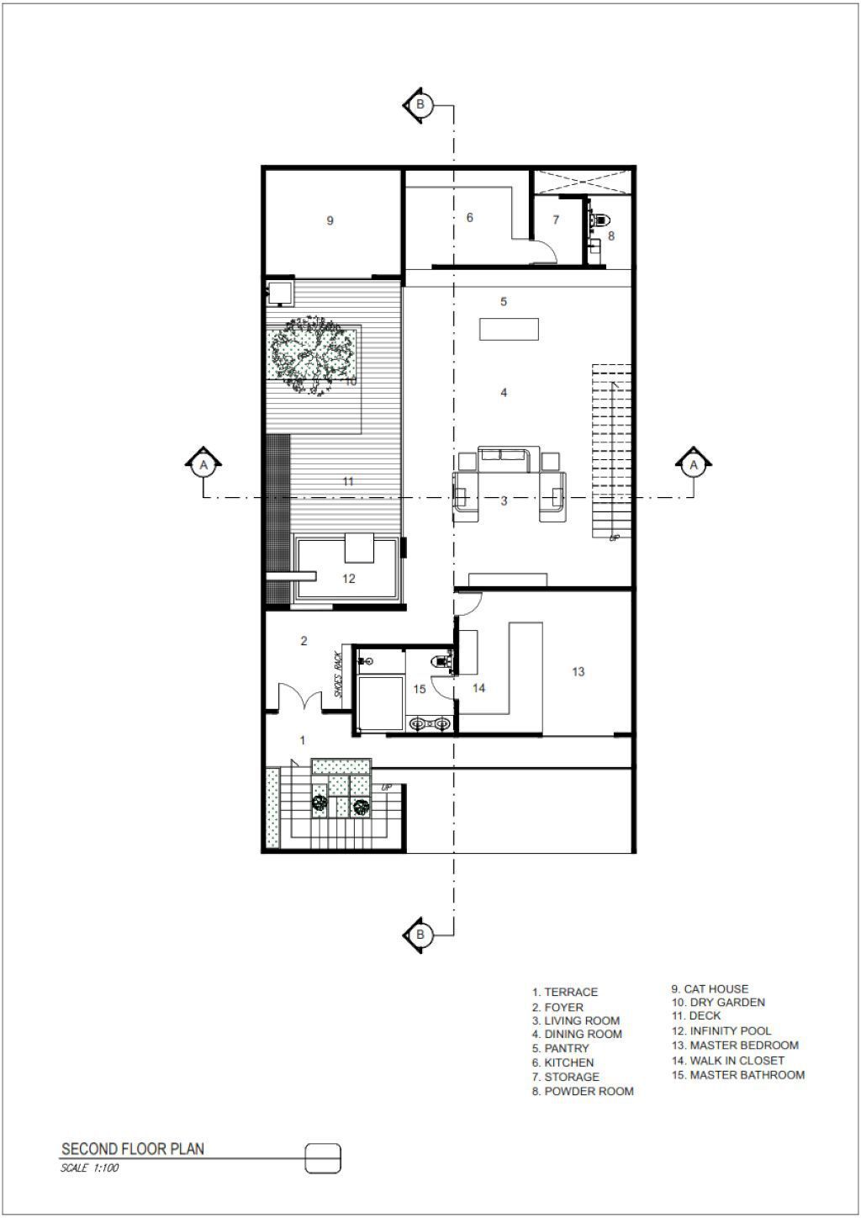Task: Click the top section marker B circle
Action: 420,103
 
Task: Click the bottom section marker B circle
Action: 420,935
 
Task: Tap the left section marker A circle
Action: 203,465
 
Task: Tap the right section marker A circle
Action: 694,465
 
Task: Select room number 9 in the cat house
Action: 330,220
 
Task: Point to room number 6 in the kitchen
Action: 470,218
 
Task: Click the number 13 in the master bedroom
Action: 578,671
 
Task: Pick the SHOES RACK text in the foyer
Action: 338,675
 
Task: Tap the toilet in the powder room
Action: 601,220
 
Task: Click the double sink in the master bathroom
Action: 429,723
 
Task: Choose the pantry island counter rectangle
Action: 509,329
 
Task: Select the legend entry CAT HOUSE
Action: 710,988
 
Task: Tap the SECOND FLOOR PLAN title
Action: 133,1149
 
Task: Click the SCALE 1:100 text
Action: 90,1168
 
